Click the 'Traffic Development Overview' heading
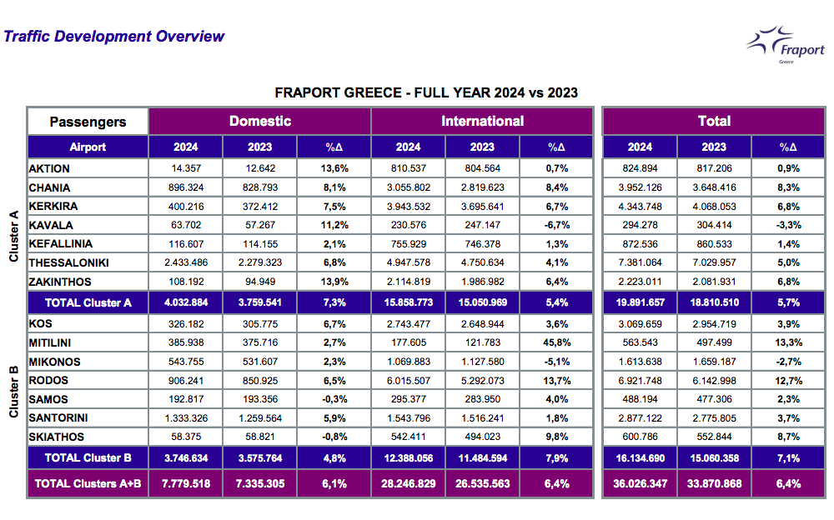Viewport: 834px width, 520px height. click(114, 37)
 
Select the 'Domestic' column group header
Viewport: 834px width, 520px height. click(260, 121)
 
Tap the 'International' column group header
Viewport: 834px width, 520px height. click(482, 121)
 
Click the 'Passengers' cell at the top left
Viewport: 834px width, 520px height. click(88, 122)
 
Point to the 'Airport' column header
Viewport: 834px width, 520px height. click(88, 147)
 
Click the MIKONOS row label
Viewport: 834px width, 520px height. click(55, 362)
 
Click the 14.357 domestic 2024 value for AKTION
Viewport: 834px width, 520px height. click(185, 168)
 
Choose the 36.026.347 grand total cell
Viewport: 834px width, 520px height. click(640, 483)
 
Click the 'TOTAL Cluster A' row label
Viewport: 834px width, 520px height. click(88, 302)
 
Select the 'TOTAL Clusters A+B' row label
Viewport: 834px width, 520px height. click(88, 483)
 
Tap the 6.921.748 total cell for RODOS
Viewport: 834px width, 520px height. click(640, 380)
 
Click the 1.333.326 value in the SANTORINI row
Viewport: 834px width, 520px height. click(185, 418)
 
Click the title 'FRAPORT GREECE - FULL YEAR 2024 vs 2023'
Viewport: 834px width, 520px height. click(426, 92)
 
